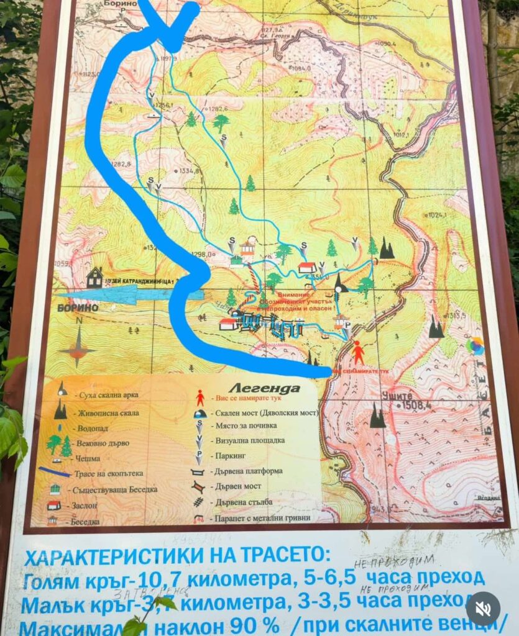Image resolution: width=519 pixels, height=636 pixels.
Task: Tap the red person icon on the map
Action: pyautogui.click(x=359, y=352)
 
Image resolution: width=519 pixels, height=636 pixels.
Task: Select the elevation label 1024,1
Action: pyautogui.click(x=437, y=215)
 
